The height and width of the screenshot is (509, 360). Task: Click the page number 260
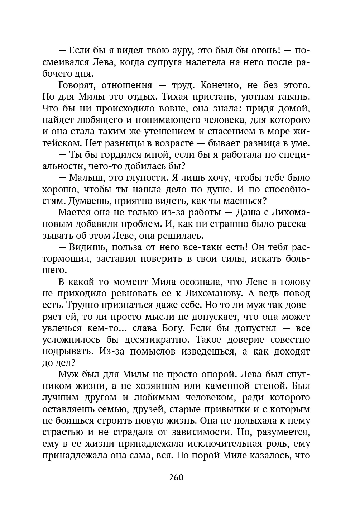pyautogui.click(x=176, y=477)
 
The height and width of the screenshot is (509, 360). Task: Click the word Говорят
pyautogui.click(x=76, y=86)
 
